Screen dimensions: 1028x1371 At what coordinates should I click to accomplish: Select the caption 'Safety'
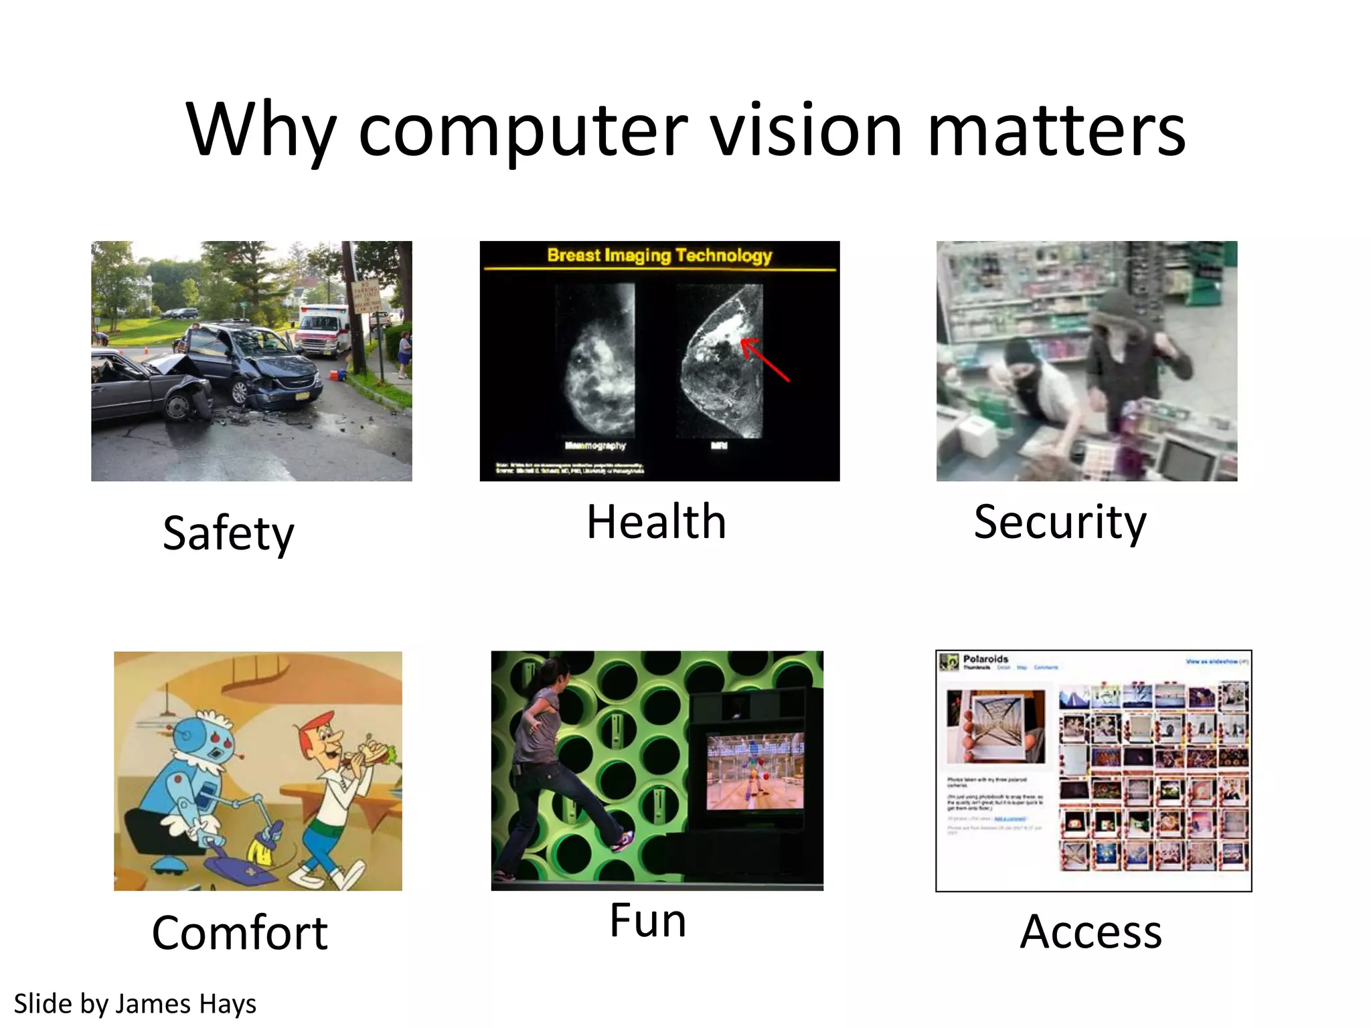(x=228, y=533)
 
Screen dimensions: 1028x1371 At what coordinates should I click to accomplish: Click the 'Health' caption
(x=656, y=522)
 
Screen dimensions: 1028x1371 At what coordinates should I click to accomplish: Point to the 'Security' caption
(x=1060, y=522)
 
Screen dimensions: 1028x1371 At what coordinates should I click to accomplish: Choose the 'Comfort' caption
(x=240, y=932)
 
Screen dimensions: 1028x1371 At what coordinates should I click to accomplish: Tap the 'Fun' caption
(x=647, y=920)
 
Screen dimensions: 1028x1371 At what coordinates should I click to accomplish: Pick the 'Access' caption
(x=1091, y=932)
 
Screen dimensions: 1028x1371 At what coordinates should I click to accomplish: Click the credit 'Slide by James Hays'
(x=135, y=1004)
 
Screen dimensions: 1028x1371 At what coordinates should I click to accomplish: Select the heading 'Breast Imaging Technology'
(x=659, y=255)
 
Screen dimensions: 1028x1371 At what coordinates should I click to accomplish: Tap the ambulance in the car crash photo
(x=323, y=330)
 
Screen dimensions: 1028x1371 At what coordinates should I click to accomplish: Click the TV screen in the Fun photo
(x=755, y=771)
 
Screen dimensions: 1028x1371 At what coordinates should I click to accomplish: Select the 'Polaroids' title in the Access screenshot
(x=985, y=659)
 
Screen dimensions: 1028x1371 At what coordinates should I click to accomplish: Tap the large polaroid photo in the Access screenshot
(x=996, y=726)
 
